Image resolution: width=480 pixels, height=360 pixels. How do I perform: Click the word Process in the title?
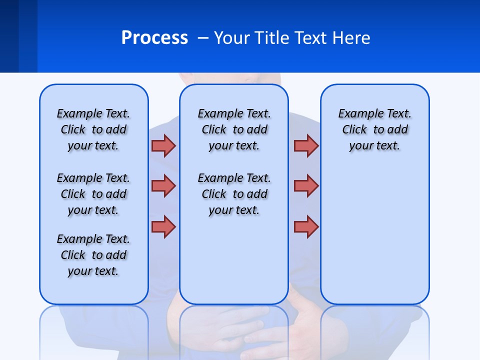coord(154,38)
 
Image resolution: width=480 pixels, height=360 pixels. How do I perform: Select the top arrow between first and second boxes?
coord(163,145)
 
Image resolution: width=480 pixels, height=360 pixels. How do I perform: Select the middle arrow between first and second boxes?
coord(163,186)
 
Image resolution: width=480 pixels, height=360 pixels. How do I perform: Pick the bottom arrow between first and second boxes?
coord(163,226)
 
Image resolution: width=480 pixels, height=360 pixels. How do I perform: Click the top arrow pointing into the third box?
coord(306,145)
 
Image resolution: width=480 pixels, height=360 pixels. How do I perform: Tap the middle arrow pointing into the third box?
coord(306,186)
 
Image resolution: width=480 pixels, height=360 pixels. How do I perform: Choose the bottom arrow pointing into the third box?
coord(306,226)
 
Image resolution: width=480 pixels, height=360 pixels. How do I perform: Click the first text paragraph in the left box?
coord(93,129)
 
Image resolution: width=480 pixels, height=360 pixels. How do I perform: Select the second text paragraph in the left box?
coord(93,194)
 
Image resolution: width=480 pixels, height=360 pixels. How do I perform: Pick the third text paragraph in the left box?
coord(93,255)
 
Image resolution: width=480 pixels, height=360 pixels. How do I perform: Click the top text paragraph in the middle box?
coord(234,129)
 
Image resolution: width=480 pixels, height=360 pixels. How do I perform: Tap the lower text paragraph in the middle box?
coord(234,194)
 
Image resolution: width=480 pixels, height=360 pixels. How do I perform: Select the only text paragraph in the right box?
coord(374,129)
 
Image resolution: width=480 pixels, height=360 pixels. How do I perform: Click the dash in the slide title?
coord(203,38)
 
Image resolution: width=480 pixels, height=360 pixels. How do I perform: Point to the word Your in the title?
coord(231,38)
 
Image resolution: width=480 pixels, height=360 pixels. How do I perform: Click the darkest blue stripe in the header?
coord(9,36)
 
